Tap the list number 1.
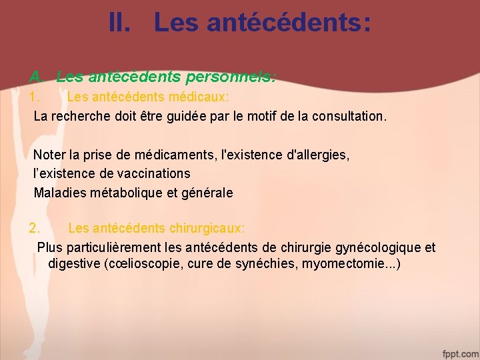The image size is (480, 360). tap(35, 97)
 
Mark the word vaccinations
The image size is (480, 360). tap(154, 174)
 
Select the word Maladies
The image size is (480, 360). tap(59, 193)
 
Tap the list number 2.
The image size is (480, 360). tap(35, 229)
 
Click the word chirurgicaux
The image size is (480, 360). tap(207, 229)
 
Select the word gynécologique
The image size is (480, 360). tap(380, 248)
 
